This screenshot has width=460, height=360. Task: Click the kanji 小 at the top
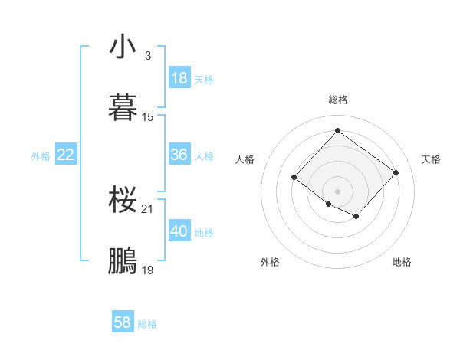coord(123,47)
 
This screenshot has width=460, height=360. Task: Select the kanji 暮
coord(123,108)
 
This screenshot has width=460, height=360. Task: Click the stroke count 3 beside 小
coord(147,56)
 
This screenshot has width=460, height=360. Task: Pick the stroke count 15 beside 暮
coord(148,117)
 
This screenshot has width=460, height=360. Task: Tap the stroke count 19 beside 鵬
coord(148,270)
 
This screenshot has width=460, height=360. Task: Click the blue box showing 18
coord(179,77)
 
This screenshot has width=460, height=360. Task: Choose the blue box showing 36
coord(179,155)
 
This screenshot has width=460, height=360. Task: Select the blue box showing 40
coord(179,231)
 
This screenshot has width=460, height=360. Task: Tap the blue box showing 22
coord(66,155)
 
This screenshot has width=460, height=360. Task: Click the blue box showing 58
coord(123,322)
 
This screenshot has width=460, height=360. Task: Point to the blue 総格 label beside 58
coord(148,324)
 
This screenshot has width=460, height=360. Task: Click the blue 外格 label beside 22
coord(41,156)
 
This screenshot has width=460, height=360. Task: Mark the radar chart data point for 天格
coord(396,172)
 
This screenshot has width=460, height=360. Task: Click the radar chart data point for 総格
coord(337,130)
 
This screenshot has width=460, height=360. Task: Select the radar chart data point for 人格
coord(294,177)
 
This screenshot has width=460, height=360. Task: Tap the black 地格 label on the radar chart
coord(402,262)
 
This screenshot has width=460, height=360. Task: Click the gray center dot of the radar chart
coord(337,191)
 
